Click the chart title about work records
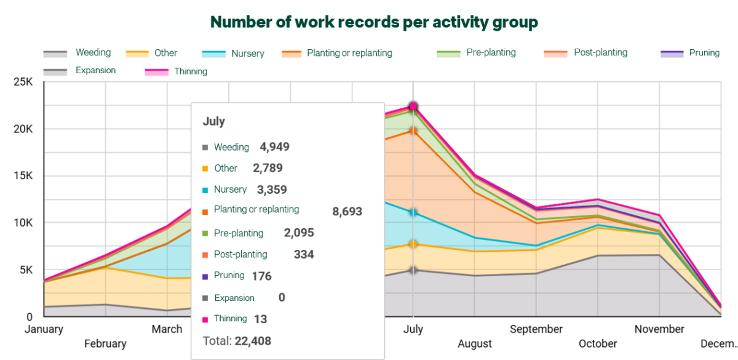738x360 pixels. [x=374, y=22]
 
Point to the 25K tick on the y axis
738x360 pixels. [x=22, y=82]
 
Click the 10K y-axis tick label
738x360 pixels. [x=22, y=223]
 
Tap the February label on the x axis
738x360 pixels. [x=105, y=343]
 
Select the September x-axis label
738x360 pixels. [x=536, y=329]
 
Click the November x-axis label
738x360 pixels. [x=659, y=329]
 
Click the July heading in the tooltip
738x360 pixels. [x=214, y=122]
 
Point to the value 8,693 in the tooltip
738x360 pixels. [x=347, y=212]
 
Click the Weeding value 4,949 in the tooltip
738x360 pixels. [x=274, y=147]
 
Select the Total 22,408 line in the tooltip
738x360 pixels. [x=237, y=340]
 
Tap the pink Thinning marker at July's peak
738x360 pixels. [x=413, y=106]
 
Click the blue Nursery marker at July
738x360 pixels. [x=413, y=213]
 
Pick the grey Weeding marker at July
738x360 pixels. [x=413, y=270]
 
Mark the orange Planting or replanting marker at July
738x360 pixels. [x=413, y=131]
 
